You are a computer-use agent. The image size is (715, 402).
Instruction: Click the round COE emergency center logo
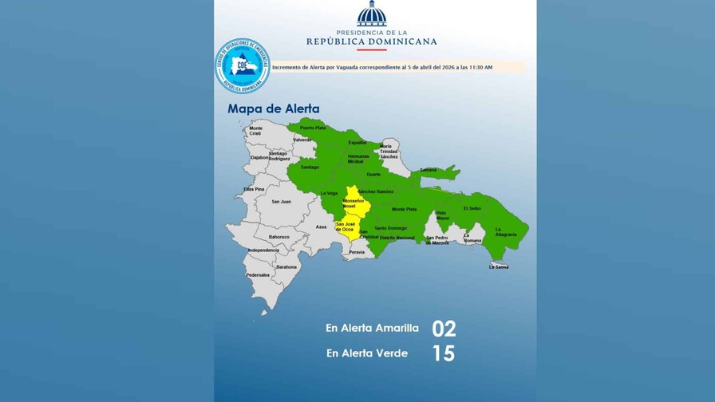(x=242, y=66)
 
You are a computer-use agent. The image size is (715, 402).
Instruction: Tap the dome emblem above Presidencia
(x=371, y=14)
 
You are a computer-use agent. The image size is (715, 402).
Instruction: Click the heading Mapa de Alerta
(x=274, y=108)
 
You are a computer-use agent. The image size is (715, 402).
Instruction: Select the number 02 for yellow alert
(x=444, y=329)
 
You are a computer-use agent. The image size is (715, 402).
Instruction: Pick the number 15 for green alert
(x=443, y=353)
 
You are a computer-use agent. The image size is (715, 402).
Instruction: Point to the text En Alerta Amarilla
(x=372, y=328)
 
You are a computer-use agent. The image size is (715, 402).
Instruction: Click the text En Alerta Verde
(x=366, y=353)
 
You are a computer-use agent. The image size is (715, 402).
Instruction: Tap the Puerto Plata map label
(x=313, y=128)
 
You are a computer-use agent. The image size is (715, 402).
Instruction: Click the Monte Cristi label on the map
(x=255, y=131)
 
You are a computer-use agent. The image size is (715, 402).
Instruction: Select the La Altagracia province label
(x=506, y=232)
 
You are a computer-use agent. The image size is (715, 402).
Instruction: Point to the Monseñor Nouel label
(x=353, y=203)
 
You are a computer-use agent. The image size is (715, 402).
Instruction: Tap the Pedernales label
(x=258, y=274)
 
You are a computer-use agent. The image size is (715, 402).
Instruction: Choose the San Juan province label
(x=281, y=201)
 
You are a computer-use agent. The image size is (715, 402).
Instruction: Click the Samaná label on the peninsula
(x=429, y=169)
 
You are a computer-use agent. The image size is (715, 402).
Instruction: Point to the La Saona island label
(x=499, y=267)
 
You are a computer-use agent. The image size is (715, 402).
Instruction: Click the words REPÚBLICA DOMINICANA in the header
(x=371, y=41)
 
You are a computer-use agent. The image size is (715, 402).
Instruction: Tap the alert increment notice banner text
(x=382, y=68)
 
